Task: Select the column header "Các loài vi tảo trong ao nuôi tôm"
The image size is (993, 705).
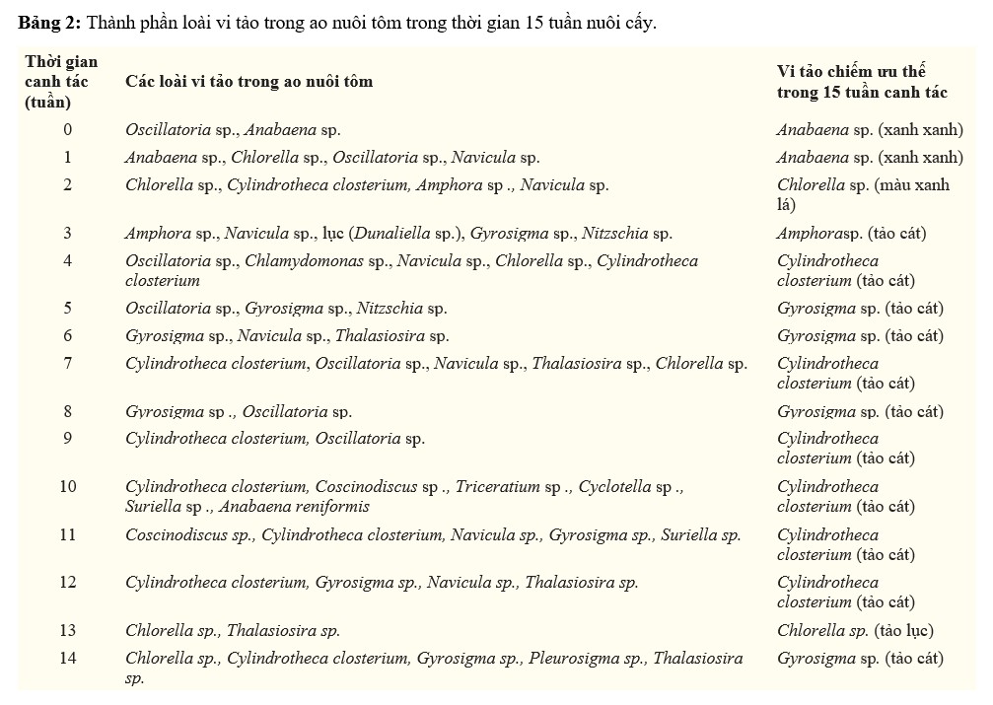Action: tap(248, 82)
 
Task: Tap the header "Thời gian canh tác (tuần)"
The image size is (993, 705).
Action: tap(61, 82)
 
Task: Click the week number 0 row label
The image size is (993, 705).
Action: tap(67, 129)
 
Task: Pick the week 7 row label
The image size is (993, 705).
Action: tap(67, 364)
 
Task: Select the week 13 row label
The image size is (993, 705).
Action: tap(67, 630)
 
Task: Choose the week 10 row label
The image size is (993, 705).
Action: tap(67, 487)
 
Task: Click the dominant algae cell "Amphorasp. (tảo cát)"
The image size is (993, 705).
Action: tap(851, 234)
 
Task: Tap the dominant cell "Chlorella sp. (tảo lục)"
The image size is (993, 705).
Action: tap(854, 630)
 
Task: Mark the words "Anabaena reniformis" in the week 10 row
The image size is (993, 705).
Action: tap(295, 507)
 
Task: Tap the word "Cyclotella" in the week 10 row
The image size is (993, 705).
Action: tap(615, 487)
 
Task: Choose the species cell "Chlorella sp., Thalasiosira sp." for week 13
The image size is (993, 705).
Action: tap(233, 630)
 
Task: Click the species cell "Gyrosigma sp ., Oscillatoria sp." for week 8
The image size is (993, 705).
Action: tap(238, 411)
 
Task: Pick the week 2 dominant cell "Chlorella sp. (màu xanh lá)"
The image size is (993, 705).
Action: tap(863, 194)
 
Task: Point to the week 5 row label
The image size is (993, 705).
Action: tap(67, 309)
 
